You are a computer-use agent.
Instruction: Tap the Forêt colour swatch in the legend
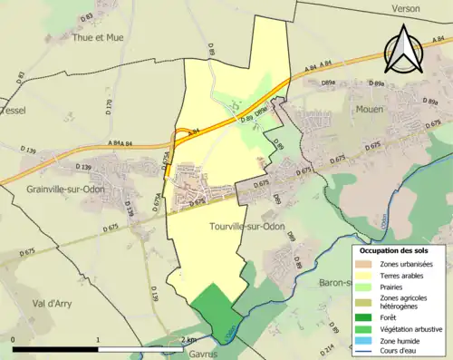[x=366, y=317]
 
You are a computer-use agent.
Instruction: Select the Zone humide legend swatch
[x=366, y=341]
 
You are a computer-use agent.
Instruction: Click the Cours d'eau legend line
[x=366, y=352]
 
